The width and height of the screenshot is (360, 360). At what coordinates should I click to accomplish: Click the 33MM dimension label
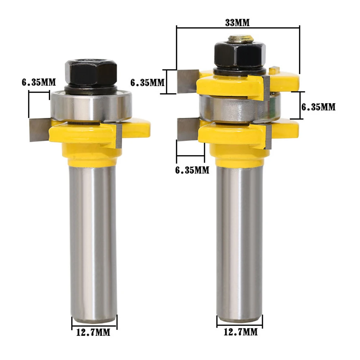click(237, 23)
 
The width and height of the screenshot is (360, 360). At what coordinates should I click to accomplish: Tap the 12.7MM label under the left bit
click(93, 332)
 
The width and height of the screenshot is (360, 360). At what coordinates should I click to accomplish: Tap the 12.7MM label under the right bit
click(240, 332)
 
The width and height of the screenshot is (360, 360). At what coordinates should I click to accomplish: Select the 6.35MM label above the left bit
click(39, 82)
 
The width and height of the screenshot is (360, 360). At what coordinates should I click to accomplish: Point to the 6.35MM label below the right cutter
click(192, 170)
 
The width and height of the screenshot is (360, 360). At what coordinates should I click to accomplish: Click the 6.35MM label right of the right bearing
click(318, 107)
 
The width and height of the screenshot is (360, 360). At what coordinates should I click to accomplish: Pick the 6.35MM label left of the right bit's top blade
click(147, 83)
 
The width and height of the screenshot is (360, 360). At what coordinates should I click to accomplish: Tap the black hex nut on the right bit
click(240, 53)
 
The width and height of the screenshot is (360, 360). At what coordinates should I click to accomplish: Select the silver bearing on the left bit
click(91, 106)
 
